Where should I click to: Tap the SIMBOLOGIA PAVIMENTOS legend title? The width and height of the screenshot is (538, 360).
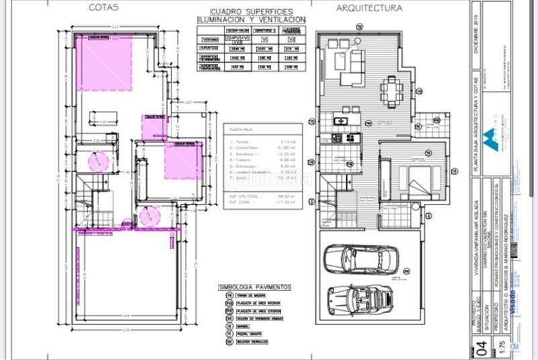click(x=255, y=287)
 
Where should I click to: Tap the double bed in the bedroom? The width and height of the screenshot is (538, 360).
click(x=416, y=179)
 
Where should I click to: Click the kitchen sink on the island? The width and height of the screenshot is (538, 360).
click(x=340, y=120)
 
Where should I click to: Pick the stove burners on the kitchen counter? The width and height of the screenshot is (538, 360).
click(x=352, y=138)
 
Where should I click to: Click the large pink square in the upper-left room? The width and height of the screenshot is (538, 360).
click(x=104, y=63)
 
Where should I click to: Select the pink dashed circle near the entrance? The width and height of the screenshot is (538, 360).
click(x=147, y=216)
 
